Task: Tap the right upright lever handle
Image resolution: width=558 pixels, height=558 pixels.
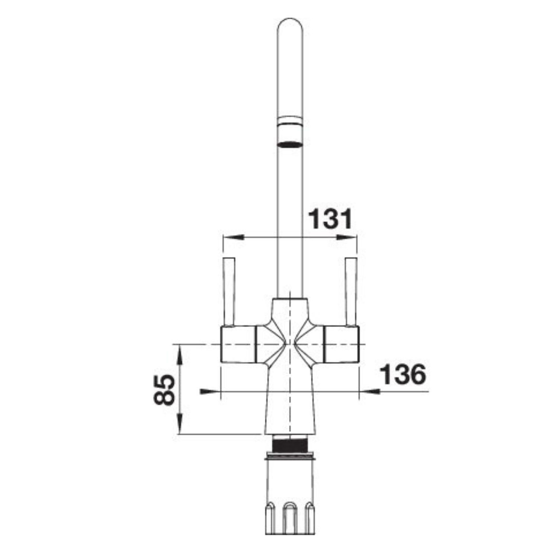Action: point(351,292)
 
